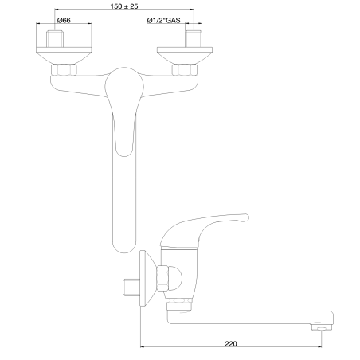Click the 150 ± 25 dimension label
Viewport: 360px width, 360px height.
point(124,6)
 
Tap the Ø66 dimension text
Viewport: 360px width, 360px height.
point(64,20)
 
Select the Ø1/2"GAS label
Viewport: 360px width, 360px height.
point(163,20)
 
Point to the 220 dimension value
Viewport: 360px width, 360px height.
point(231,344)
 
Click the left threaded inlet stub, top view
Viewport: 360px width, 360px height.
point(55,39)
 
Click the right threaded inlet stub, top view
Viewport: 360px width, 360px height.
point(194,39)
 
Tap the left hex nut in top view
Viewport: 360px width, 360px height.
point(64,70)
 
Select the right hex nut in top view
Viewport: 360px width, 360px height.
point(185,70)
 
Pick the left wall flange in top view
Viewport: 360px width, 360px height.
point(64,56)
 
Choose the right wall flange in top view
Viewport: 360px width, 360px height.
point(185,56)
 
